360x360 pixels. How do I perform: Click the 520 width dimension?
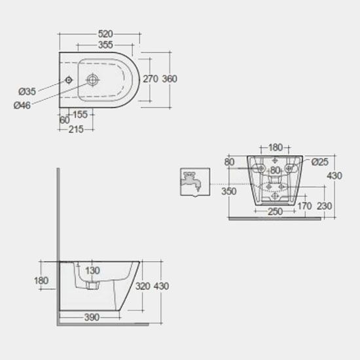click(105, 34)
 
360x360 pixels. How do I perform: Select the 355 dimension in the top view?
click(105, 45)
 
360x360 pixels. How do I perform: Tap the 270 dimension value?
click(151, 79)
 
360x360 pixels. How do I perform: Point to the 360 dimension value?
click(170, 79)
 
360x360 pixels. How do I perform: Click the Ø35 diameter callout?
click(27, 92)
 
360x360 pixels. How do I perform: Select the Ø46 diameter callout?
click(22, 105)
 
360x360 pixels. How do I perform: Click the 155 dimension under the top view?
click(80, 115)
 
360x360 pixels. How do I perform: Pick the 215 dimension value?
click(76, 130)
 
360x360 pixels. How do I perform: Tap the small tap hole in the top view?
click(69, 80)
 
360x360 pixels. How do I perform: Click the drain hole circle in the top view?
click(92, 80)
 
